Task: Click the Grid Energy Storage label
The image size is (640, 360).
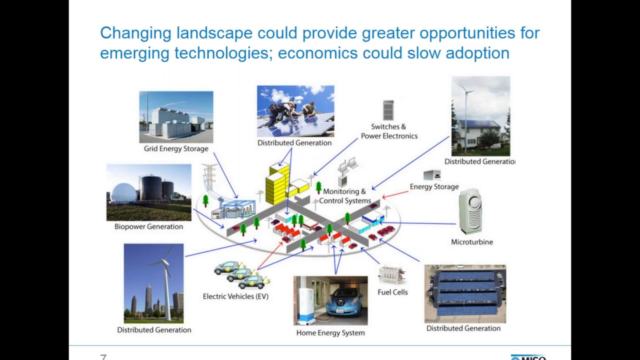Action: (x=176, y=148)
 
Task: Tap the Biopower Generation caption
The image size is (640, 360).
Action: (x=148, y=226)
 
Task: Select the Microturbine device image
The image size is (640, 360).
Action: (x=470, y=211)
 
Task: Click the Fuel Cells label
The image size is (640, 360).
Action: (x=392, y=292)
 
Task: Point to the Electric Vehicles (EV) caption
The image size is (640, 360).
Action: (x=235, y=296)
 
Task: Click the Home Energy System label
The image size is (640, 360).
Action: (x=330, y=332)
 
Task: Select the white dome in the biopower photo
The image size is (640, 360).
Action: (x=123, y=192)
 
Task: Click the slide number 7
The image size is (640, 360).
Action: (x=103, y=357)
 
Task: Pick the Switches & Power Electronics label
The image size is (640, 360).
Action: (x=389, y=131)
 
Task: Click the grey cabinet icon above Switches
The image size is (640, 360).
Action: (x=388, y=110)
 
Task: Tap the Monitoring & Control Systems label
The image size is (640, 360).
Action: (x=344, y=196)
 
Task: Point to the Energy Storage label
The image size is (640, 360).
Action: (x=434, y=186)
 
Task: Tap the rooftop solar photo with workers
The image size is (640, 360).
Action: (x=295, y=111)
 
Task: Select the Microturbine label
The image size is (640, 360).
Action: (x=471, y=242)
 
